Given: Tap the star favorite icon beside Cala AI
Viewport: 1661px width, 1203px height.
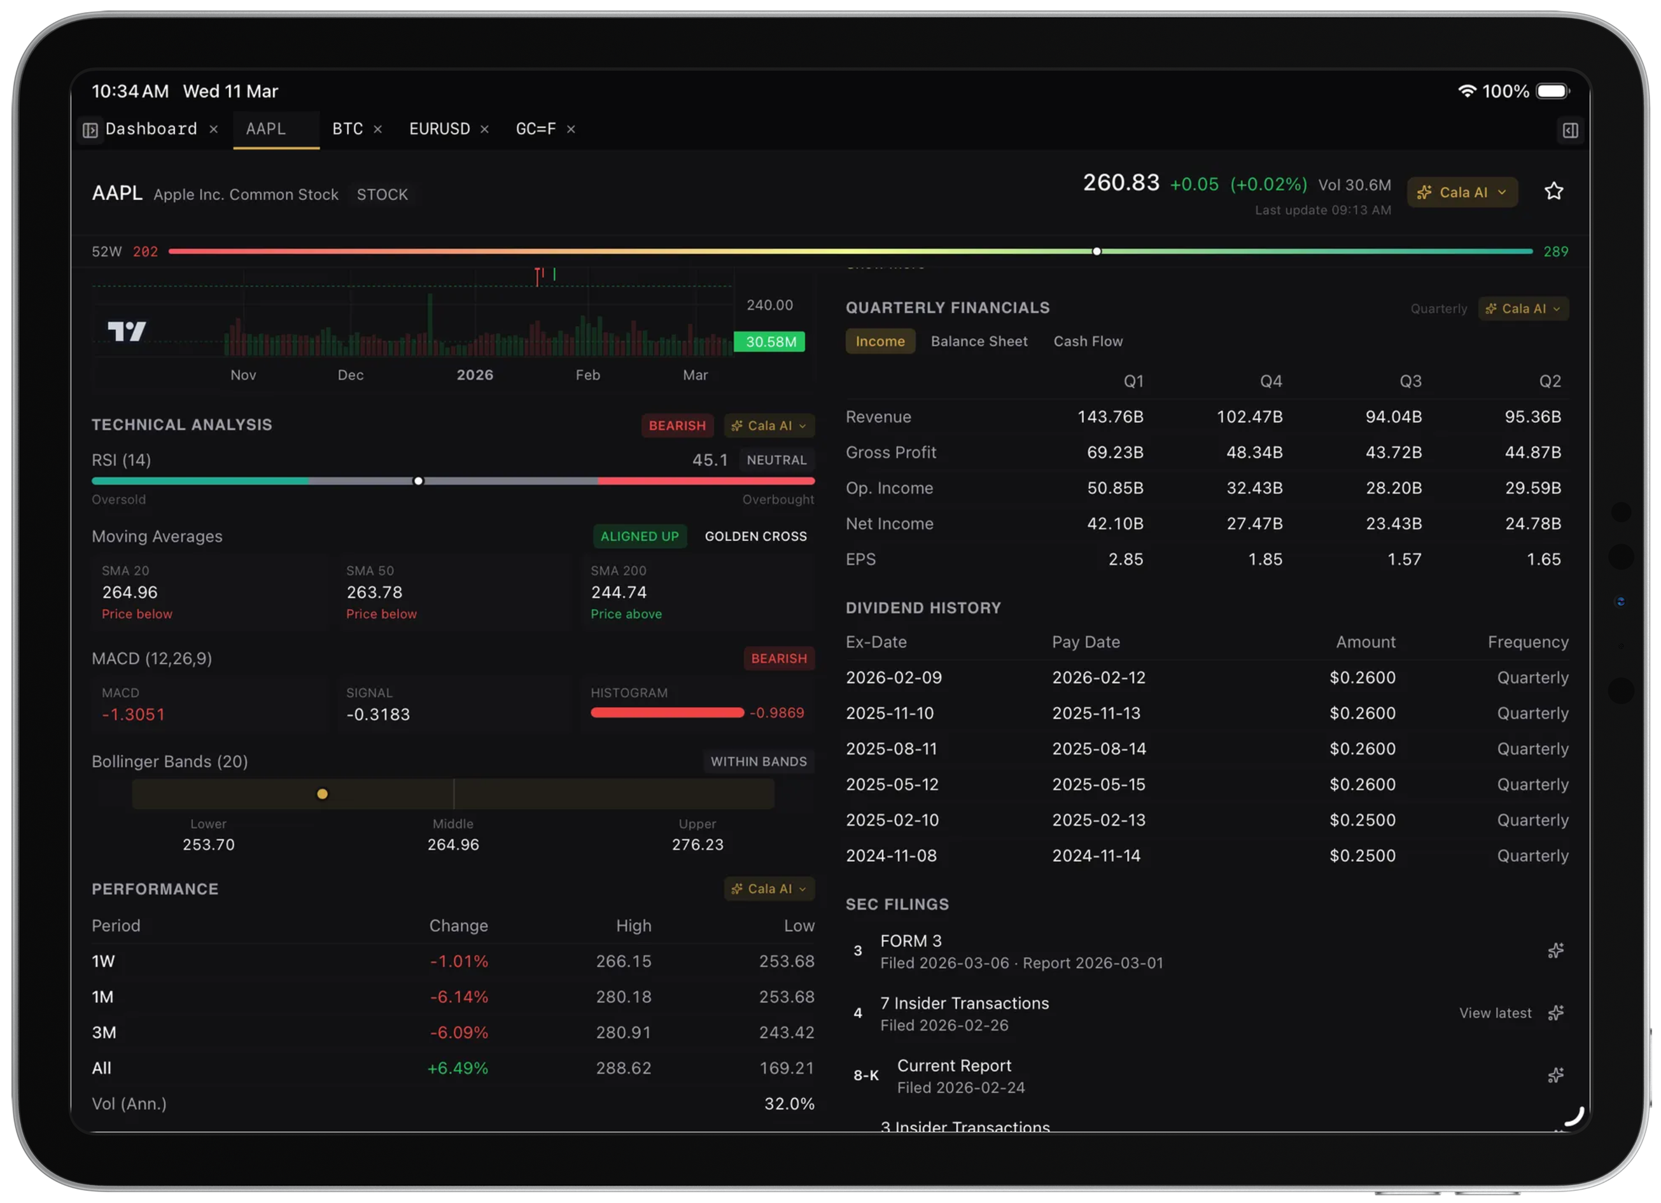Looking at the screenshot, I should click(x=1553, y=192).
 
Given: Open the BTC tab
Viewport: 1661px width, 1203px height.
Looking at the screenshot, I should click(x=347, y=129).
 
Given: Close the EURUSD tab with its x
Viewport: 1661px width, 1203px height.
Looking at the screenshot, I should click(x=484, y=130).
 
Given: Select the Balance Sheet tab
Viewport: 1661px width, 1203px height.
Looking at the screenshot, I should click(x=978, y=341).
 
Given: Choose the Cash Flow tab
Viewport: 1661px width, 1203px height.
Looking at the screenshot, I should click(x=1088, y=341).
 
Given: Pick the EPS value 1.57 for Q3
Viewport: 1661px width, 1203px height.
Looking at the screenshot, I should click(x=1404, y=559).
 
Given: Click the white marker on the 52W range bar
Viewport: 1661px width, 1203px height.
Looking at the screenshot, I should click(x=1097, y=251).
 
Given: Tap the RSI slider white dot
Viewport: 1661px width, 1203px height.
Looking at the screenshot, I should click(x=418, y=481).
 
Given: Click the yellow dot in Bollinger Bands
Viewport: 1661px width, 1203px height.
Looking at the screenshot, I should click(x=322, y=794).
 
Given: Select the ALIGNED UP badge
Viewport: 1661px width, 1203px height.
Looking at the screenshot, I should click(x=640, y=537).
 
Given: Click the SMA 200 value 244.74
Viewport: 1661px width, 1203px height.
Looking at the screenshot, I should click(x=618, y=592).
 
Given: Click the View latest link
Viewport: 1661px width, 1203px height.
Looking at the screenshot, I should click(x=1495, y=1013).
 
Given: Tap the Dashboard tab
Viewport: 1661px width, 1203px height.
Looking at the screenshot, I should click(x=151, y=129).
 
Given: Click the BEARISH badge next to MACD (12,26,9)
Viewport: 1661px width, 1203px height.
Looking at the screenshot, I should click(x=778, y=659).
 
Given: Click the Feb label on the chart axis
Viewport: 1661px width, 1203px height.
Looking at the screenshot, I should click(x=587, y=375).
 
